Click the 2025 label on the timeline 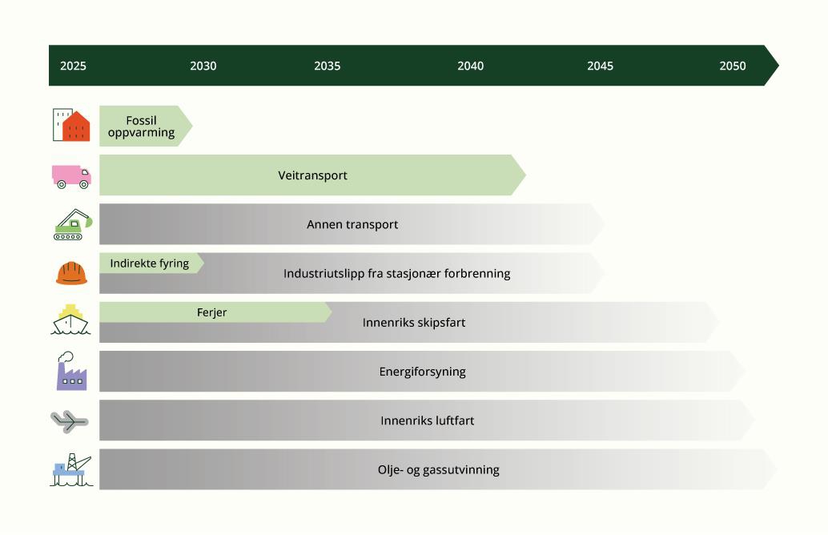[x=73, y=66]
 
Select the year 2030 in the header [x=203, y=66]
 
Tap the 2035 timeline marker [x=328, y=66]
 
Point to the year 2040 [x=471, y=66]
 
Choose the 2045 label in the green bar [x=601, y=66]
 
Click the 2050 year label [x=733, y=66]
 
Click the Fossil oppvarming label [x=141, y=127]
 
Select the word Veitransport [x=312, y=175]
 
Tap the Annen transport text [x=352, y=224]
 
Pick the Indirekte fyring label [x=150, y=263]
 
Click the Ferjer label [x=211, y=312]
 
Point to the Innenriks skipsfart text [x=414, y=323]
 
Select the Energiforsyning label [x=423, y=372]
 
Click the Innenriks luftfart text [x=427, y=421]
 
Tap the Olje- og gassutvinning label [x=438, y=470]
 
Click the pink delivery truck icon [x=71, y=177]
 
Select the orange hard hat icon [x=72, y=274]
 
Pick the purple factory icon [x=72, y=372]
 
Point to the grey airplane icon [x=70, y=421]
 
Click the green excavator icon [x=72, y=224]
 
